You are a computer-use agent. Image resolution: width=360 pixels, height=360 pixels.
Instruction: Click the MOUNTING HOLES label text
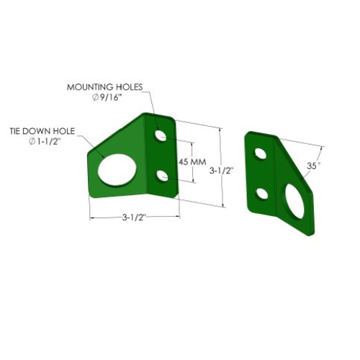(104, 87)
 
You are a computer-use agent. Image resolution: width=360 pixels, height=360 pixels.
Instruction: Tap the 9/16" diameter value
(109, 98)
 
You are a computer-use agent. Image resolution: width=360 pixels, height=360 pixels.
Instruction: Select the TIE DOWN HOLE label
(42, 131)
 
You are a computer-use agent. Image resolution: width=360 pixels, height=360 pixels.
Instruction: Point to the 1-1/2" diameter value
(48, 142)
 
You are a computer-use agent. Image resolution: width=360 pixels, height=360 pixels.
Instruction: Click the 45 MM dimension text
(192, 162)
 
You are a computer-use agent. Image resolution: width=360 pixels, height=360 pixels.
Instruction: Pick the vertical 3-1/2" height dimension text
(221, 171)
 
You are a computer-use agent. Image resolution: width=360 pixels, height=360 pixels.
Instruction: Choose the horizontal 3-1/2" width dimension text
(134, 217)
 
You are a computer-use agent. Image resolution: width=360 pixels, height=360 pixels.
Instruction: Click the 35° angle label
(313, 166)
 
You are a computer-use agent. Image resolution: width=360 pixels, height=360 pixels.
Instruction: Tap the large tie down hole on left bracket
(117, 169)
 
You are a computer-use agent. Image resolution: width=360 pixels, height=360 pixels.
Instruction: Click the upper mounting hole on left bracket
(161, 135)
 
